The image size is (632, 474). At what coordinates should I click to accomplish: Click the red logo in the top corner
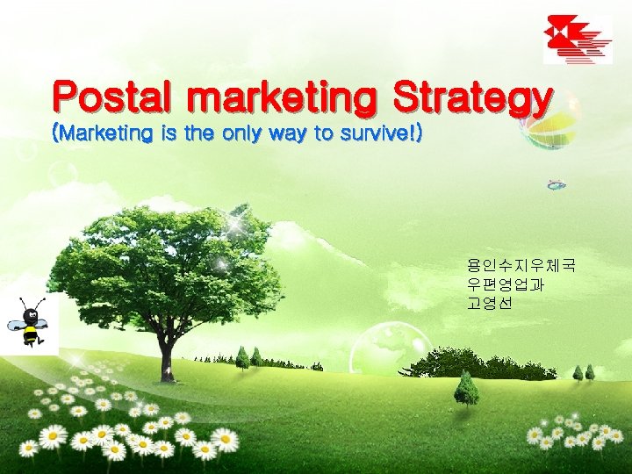[578, 39]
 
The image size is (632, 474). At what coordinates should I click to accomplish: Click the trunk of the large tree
[164, 351]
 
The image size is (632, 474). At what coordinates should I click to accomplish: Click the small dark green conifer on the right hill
[466, 387]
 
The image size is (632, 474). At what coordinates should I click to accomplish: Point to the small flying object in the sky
[556, 185]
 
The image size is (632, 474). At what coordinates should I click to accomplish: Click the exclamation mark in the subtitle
[413, 134]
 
